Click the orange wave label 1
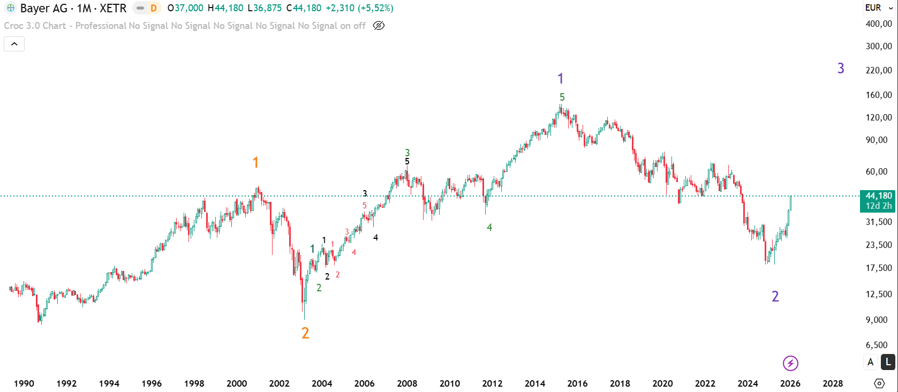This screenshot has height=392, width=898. tap(255, 162)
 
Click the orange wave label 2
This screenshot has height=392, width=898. tap(305, 333)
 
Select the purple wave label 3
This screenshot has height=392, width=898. tap(841, 69)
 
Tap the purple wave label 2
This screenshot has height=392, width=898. tap(775, 297)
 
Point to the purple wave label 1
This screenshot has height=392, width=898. tap(560, 79)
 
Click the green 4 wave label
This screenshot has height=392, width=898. tap(489, 228)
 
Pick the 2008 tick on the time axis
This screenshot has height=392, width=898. tap(407, 383)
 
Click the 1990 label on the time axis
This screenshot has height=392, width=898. tap(24, 383)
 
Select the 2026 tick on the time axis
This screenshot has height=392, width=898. tap(790, 383)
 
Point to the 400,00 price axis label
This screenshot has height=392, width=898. tap(879, 24)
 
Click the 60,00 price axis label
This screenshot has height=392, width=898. tap(879, 171)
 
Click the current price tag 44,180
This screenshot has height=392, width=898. tap(878, 196)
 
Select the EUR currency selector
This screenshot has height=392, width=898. tap(879, 7)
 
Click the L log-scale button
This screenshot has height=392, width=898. tap(888, 362)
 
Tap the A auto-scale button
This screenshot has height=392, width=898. tap(871, 362)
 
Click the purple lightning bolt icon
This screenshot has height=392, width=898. tap(790, 364)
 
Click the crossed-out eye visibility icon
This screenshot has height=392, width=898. tap(379, 26)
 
